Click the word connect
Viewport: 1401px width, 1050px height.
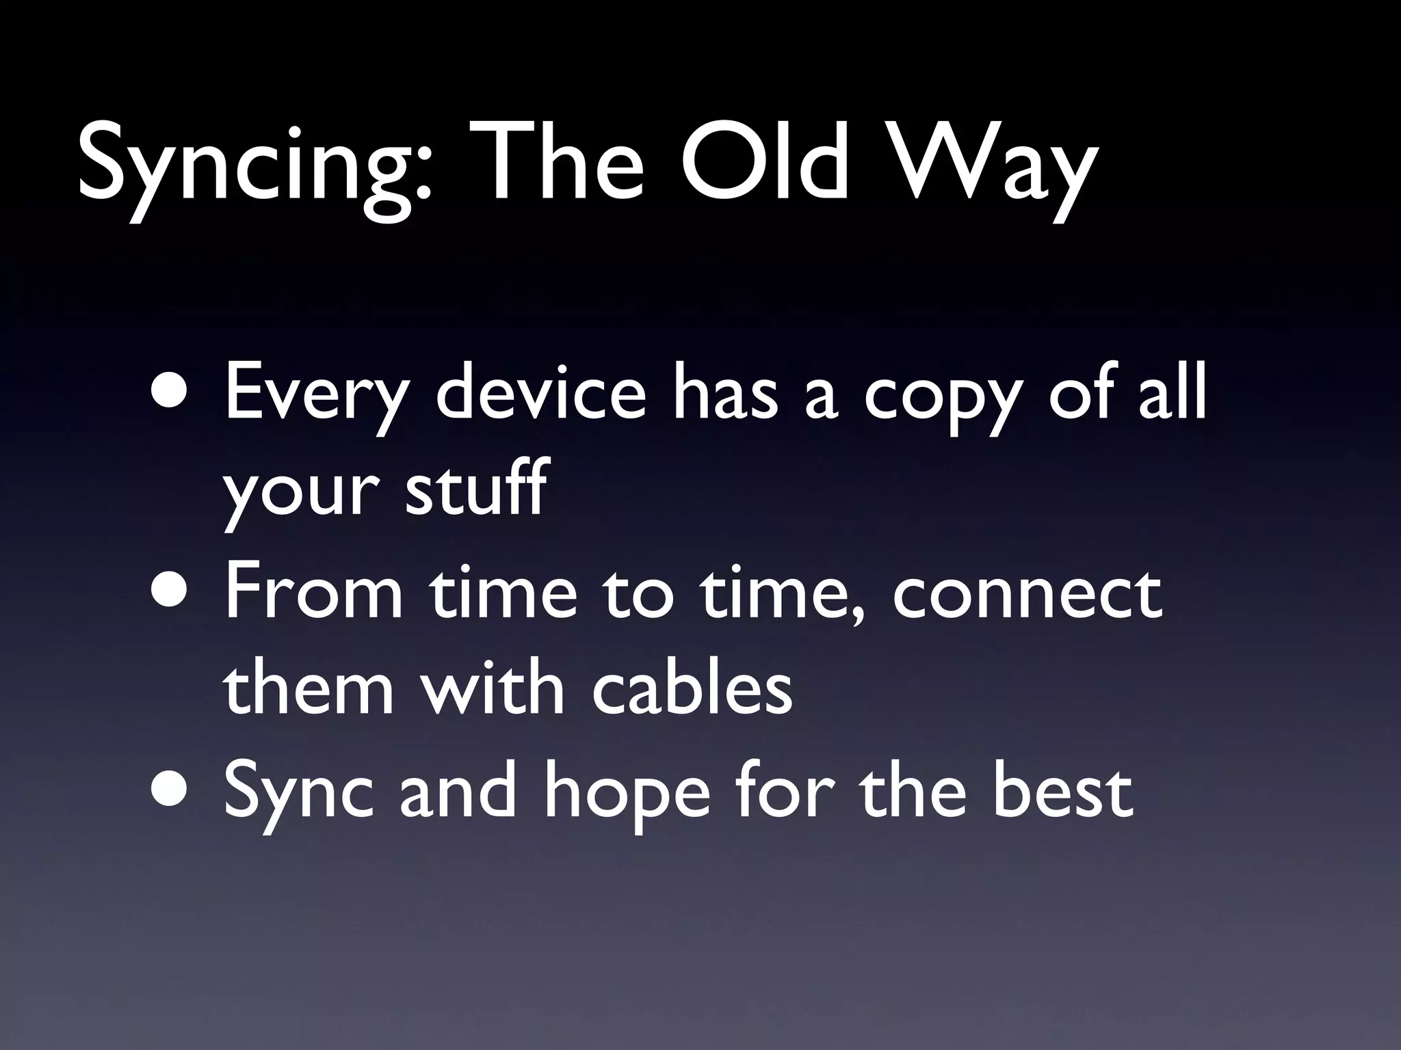coord(1027,595)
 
